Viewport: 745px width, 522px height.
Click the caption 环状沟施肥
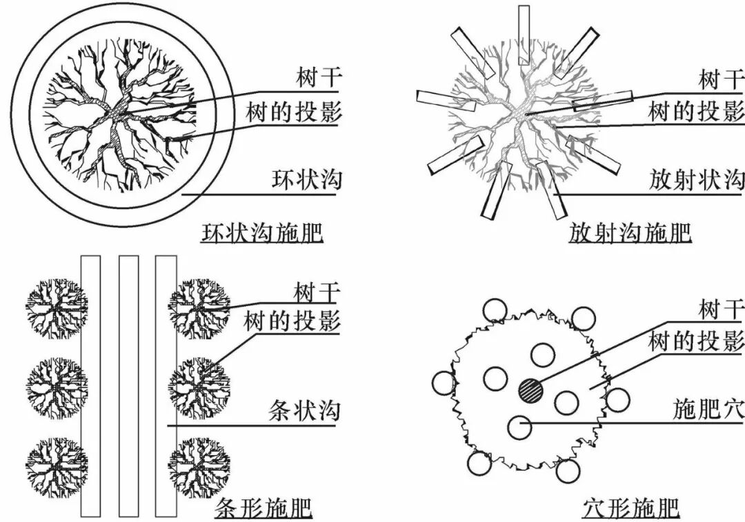[261, 233]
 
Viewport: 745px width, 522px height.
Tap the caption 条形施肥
[264, 508]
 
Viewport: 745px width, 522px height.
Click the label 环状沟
[306, 180]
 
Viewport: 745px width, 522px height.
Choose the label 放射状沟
[696, 180]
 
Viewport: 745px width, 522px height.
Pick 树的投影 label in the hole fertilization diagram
[696, 341]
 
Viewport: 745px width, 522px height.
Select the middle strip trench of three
[128, 385]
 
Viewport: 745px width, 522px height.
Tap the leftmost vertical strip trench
[90, 385]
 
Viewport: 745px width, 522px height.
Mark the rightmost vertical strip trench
[166, 385]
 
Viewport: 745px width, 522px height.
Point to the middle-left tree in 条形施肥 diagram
[57, 385]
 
